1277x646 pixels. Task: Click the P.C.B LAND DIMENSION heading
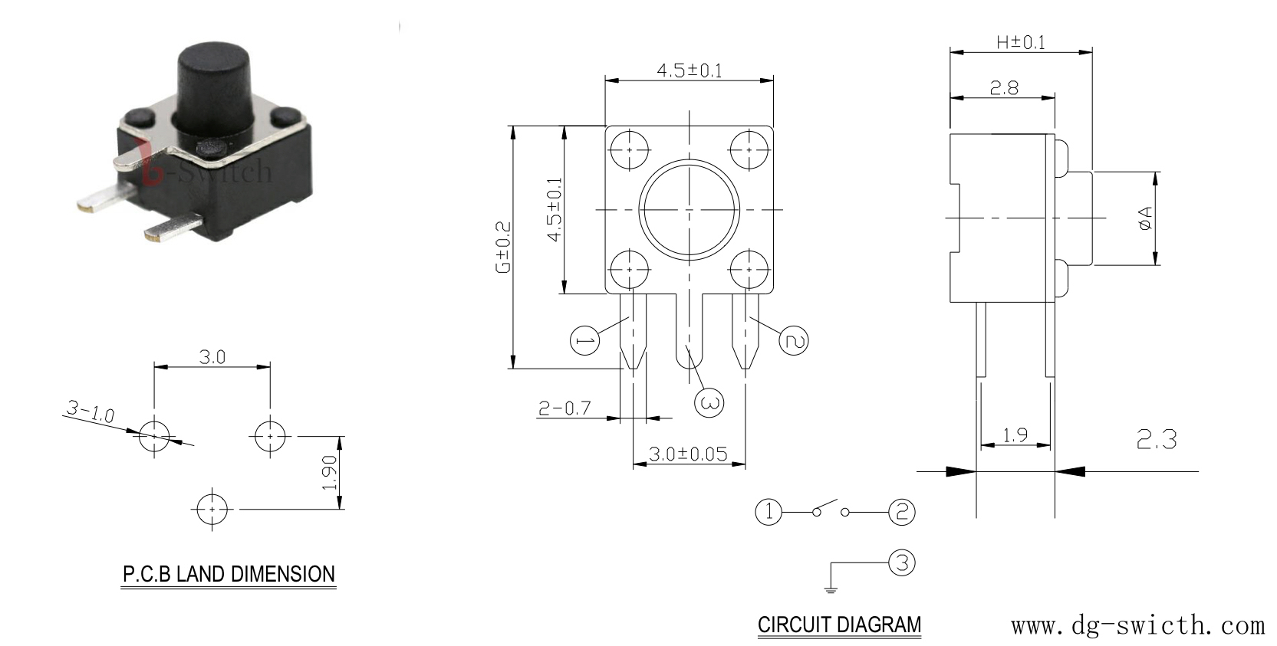[x=229, y=574]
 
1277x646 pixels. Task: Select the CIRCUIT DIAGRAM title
[x=839, y=625]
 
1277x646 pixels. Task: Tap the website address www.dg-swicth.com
[x=1138, y=625]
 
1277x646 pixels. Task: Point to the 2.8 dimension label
[x=1003, y=87]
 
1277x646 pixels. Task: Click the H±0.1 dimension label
[x=1021, y=42]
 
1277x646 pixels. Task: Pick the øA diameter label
[x=1145, y=218]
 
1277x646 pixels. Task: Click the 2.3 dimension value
[x=1157, y=439]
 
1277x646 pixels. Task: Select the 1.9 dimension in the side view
[x=1015, y=435]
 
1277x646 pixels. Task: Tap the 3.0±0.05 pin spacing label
[x=688, y=454]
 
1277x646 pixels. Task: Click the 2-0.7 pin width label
[x=564, y=408]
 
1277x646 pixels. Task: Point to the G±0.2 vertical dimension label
[x=504, y=248]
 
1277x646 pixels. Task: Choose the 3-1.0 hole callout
[x=90, y=412]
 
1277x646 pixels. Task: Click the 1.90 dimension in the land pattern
[x=330, y=473]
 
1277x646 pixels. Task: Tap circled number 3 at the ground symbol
[x=902, y=562]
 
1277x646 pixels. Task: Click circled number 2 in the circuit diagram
[x=902, y=512]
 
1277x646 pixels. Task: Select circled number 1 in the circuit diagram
[x=769, y=512]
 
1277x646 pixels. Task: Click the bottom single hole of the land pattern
[x=212, y=510]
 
